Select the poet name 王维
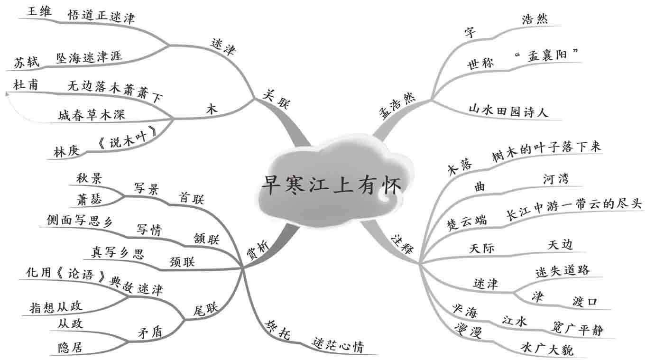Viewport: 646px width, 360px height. pos(39,11)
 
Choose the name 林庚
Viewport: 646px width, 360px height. pos(65,152)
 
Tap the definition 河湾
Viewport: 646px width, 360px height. pos(556,179)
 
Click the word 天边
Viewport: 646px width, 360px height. pos(560,244)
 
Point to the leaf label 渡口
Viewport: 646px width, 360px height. pos(584,302)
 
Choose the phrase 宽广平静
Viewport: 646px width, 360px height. pos(578,329)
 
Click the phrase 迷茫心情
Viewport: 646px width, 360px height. pos(338,346)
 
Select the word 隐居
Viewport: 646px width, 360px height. pos(70,348)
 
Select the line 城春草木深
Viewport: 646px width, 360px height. pos(92,115)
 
